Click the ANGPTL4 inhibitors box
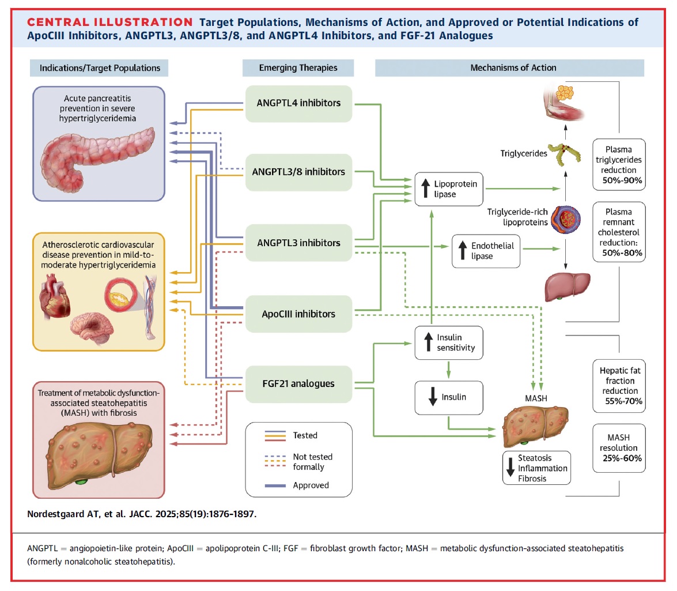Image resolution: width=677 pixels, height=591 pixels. coord(299,104)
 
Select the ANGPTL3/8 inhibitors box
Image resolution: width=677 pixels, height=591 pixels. coord(299,172)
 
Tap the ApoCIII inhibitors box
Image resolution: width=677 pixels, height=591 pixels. coord(299,314)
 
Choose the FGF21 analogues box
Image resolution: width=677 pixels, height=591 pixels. coord(299,384)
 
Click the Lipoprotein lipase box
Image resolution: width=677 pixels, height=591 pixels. coord(449,189)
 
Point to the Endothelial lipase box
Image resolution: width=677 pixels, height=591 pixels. coord(486,251)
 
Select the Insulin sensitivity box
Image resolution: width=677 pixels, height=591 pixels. coord(449,342)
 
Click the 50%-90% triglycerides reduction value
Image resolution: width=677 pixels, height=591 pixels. coord(622,180)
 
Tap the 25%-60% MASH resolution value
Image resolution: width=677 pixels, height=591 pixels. coord(622,458)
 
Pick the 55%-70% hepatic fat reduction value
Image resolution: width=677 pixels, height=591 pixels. coord(623,401)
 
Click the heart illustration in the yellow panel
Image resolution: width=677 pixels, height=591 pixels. coord(54,298)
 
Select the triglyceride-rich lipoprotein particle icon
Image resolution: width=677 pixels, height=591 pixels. coord(566,220)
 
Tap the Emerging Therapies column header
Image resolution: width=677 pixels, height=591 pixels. coord(298,68)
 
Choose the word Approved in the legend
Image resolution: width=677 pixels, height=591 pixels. coord(311,485)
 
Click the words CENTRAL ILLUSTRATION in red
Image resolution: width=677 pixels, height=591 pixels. coord(109,22)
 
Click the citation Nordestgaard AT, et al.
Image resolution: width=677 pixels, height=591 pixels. coord(77,514)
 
